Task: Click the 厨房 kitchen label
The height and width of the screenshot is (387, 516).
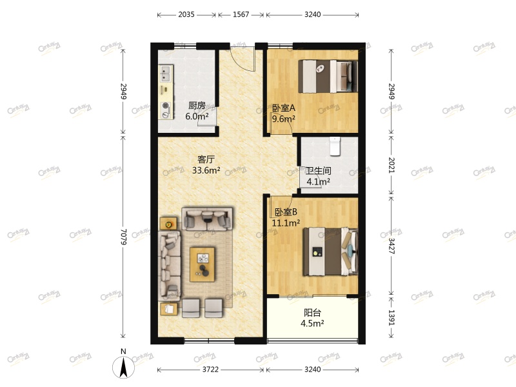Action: point(197,106)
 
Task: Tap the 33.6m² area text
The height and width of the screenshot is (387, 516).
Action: point(206,171)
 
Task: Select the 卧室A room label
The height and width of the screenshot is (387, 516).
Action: point(283,108)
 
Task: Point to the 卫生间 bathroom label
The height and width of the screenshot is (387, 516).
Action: point(318,171)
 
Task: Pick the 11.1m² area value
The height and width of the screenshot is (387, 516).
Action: point(286,223)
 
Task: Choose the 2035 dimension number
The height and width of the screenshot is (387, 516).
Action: point(186,14)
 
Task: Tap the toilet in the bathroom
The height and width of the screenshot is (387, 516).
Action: point(334,146)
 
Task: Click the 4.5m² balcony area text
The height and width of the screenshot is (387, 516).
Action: point(312,324)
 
